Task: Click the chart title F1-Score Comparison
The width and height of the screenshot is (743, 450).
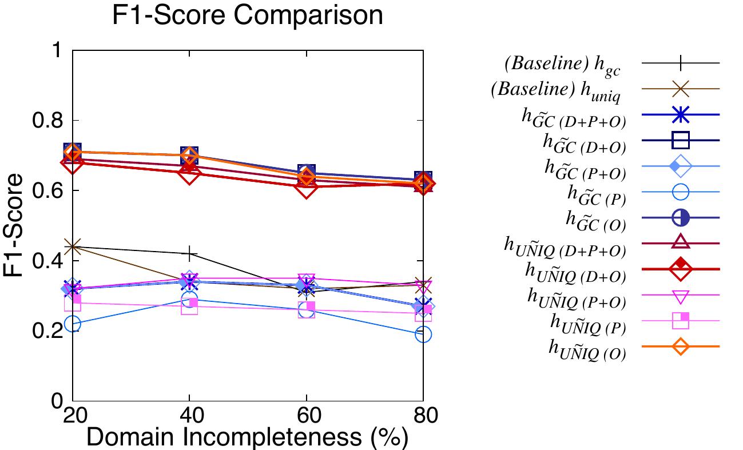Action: [x=247, y=15]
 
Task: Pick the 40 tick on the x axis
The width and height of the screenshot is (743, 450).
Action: [x=189, y=415]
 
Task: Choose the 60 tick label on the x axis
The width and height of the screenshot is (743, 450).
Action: [x=306, y=415]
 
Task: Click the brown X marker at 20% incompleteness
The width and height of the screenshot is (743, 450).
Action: [x=73, y=247]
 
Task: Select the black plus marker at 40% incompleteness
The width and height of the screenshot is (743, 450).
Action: [x=189, y=254]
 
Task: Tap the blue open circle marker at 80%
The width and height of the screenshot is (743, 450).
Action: [x=423, y=334]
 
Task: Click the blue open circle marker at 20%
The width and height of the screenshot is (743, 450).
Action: [x=73, y=324]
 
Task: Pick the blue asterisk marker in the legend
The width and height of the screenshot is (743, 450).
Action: [x=680, y=114]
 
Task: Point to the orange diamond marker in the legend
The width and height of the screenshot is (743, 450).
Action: [x=680, y=347]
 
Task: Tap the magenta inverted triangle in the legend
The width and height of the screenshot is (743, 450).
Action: [x=680, y=295]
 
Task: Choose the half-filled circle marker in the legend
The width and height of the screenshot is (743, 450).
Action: [x=680, y=218]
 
